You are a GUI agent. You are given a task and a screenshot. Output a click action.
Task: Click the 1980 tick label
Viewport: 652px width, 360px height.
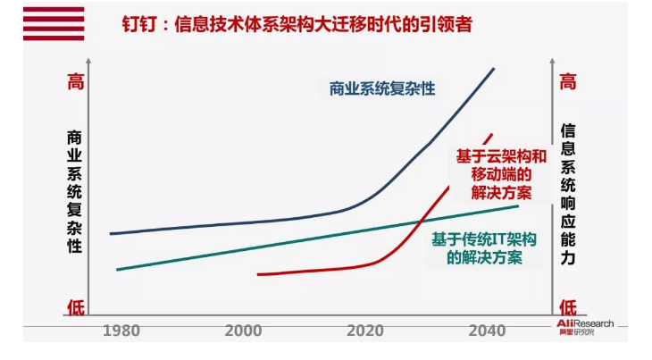pos(121,330)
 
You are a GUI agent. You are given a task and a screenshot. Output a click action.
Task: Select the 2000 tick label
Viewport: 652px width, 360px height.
pos(243,330)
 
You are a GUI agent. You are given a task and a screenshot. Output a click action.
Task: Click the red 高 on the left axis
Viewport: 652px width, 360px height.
pos(76,82)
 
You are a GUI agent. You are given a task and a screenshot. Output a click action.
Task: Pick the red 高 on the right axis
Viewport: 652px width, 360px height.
pos(567,82)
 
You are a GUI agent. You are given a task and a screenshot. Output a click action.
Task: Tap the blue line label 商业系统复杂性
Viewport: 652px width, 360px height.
pos(381,88)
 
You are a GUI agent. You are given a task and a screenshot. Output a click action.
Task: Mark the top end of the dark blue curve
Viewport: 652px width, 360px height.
pos(494,68)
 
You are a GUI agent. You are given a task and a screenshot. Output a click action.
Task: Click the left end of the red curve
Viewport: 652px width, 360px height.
pos(257,274)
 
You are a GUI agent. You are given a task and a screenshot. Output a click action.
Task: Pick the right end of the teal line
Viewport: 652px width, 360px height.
pos(518,206)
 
